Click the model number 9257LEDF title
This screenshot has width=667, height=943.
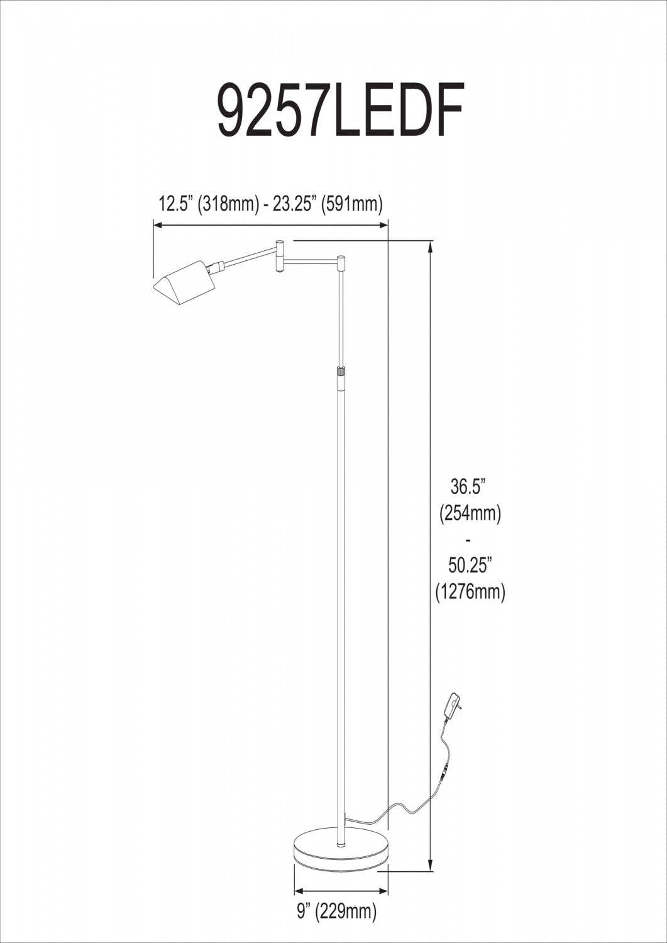click(x=340, y=109)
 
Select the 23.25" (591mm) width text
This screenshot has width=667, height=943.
click(x=328, y=204)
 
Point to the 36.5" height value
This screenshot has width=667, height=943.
click(x=469, y=487)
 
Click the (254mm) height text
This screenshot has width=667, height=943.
click(x=470, y=513)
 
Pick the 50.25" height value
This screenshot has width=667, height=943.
click(x=469, y=565)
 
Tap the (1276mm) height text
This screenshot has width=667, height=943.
click(x=470, y=592)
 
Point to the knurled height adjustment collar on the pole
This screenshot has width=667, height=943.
click(x=341, y=371)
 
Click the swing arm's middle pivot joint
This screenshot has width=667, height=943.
click(x=280, y=255)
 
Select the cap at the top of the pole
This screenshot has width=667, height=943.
click(x=341, y=259)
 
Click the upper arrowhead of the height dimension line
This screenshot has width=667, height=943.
click(x=430, y=245)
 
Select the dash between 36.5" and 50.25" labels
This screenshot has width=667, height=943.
click(x=469, y=539)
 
